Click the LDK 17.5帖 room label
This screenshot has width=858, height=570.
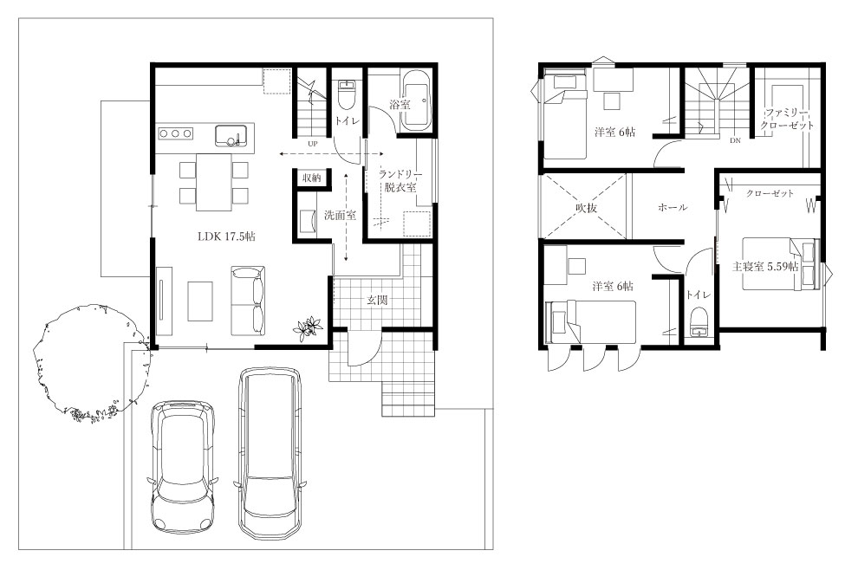tap(226, 236)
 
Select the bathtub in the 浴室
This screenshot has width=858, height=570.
tap(417, 100)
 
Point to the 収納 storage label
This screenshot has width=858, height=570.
tap(312, 178)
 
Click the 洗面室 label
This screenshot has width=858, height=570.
tap(340, 215)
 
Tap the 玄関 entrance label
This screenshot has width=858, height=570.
tap(377, 300)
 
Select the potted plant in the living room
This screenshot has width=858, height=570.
tap(308, 328)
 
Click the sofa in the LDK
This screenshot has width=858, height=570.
tap(249, 301)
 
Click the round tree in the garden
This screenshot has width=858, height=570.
tap(91, 364)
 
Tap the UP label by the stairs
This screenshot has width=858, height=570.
tap(313, 145)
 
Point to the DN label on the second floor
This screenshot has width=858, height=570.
tap(735, 140)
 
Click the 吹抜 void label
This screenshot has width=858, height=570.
tap(586, 208)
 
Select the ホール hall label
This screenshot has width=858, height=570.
tap(672, 207)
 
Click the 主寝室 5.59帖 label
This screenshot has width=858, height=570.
tap(765, 267)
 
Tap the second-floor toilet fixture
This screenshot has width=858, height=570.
tap(699, 322)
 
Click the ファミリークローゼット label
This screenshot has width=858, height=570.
tap(787, 119)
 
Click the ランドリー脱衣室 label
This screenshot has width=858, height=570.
tap(400, 180)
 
